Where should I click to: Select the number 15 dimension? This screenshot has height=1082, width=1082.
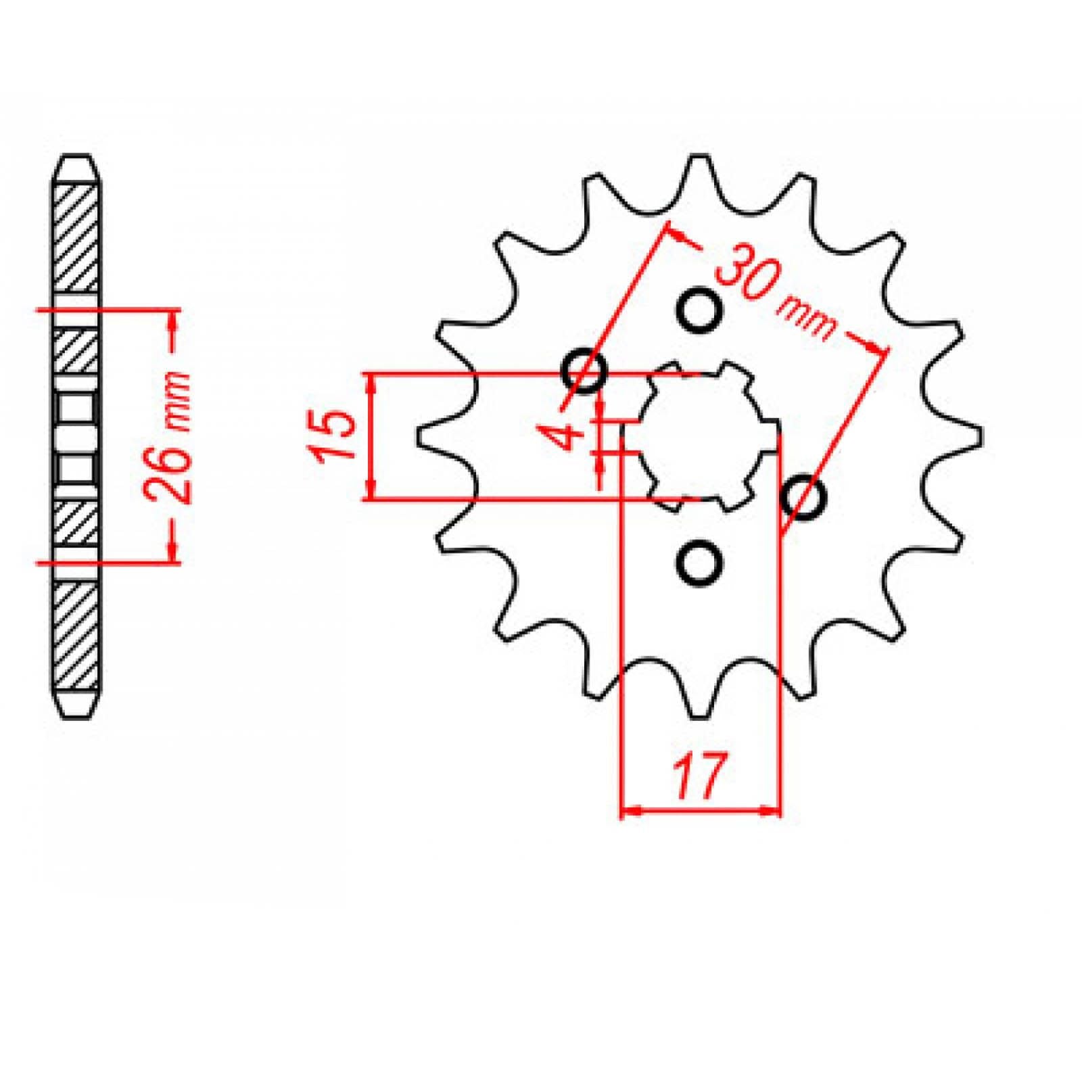[335, 436]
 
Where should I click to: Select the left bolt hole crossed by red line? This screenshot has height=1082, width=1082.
[585, 370]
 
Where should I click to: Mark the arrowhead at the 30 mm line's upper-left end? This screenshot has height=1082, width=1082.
[676, 233]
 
